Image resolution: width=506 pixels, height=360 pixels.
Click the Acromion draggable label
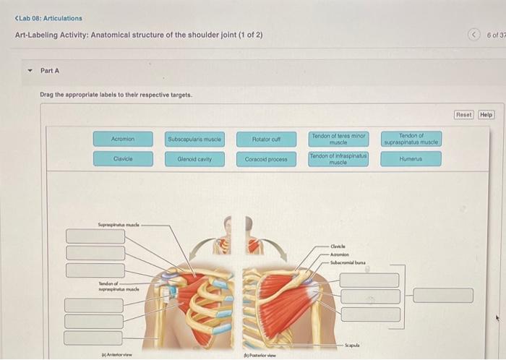[x=123, y=138]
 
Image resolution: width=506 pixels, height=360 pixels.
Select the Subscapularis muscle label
[x=194, y=138]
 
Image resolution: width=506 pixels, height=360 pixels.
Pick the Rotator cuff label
[x=266, y=138]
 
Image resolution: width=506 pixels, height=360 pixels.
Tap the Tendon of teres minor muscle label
[x=339, y=138]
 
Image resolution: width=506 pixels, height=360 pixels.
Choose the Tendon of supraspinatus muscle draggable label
[x=411, y=138]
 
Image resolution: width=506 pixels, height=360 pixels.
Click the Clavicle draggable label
[x=123, y=158]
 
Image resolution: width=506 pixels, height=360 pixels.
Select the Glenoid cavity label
[x=194, y=158]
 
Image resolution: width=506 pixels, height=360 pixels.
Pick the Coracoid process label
[x=266, y=158]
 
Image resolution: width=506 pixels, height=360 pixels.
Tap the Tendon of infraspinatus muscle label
[x=339, y=158]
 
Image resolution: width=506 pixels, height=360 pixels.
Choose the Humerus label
[x=411, y=158]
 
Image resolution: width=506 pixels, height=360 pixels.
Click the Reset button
[x=463, y=114]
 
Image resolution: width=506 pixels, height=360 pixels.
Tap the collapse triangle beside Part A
[x=30, y=71]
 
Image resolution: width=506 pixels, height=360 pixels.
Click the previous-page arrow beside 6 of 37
[x=473, y=35]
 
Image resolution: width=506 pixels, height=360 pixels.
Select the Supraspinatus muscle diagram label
[x=119, y=225]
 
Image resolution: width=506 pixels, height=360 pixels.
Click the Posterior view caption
[x=258, y=355]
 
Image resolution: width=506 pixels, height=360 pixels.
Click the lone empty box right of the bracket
[x=444, y=296]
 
